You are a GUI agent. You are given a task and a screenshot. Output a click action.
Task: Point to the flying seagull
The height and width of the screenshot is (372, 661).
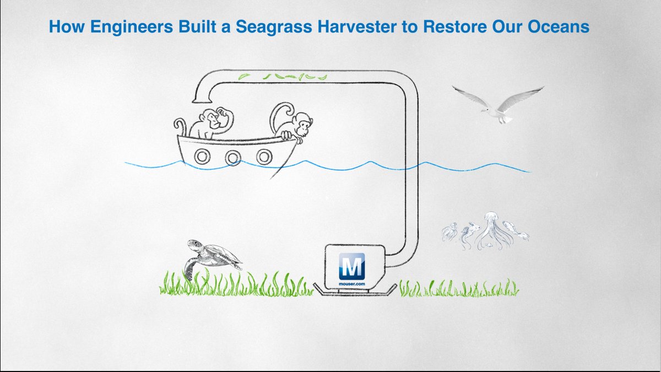click(499, 105)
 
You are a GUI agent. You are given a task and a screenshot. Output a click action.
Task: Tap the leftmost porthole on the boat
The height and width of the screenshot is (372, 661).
click(202, 157)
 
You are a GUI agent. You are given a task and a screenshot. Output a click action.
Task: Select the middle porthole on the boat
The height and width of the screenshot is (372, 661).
click(233, 157)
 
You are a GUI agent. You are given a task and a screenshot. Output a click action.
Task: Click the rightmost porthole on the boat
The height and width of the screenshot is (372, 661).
click(264, 157)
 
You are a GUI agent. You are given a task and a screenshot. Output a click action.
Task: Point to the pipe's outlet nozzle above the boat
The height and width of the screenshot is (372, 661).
click(201, 99)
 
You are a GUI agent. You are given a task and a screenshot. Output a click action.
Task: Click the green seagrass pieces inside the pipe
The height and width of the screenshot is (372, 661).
click(286, 77)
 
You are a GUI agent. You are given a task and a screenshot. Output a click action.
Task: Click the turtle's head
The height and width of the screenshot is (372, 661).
click(193, 243)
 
